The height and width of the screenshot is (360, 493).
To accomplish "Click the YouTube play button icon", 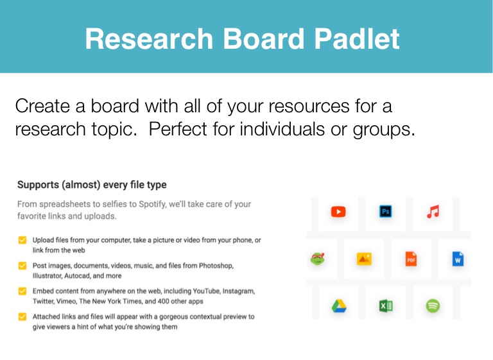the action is click(338, 212).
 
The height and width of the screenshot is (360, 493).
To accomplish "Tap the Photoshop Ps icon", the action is click(385, 211).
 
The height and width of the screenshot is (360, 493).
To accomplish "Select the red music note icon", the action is click(433, 212).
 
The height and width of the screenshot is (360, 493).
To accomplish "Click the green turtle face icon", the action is click(318, 259).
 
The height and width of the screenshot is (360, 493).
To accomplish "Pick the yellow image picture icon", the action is click(364, 259).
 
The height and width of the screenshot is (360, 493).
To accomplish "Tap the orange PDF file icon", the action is click(411, 259).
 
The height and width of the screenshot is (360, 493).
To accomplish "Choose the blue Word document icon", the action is click(458, 259).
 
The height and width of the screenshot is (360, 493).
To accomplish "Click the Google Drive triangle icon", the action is click(339, 306).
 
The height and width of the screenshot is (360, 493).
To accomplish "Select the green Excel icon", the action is click(386, 306).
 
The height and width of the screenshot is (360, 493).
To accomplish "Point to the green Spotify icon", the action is click(433, 306).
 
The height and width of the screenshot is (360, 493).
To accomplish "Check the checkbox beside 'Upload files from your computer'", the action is click(22, 240).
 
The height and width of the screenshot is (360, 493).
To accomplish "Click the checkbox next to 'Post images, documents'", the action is click(22, 266).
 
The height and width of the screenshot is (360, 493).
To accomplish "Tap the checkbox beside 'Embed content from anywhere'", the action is click(22, 291).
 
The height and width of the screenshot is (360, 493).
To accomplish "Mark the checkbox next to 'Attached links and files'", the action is click(22, 316).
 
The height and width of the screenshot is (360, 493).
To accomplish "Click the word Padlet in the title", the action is click(357, 39).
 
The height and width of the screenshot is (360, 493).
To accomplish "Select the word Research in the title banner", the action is click(150, 39).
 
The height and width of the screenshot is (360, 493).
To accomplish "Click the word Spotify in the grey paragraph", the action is click(153, 204).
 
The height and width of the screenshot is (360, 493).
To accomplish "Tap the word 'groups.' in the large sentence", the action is click(384, 130).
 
